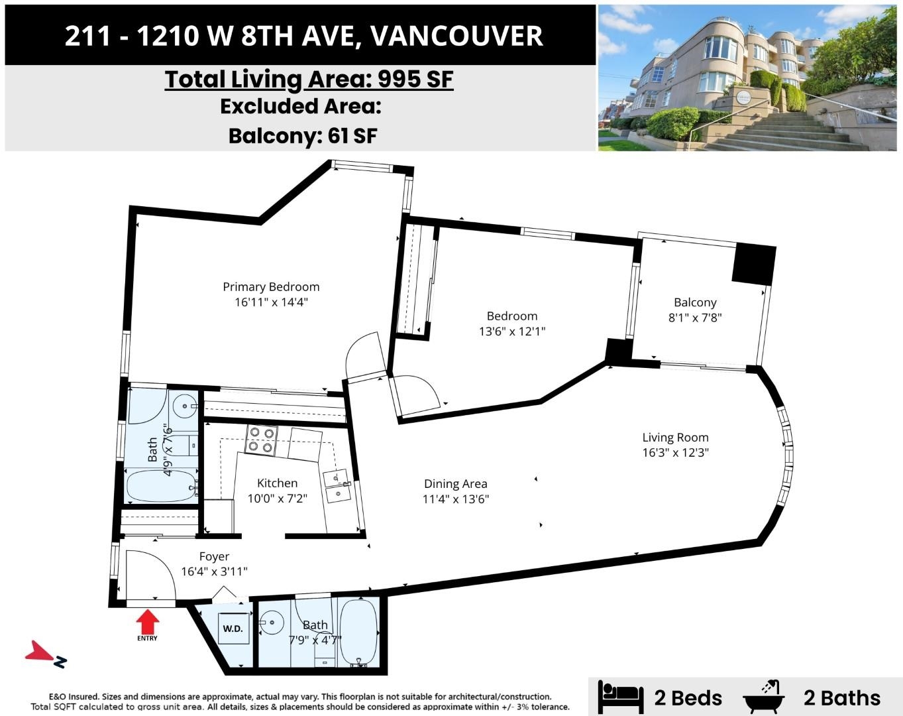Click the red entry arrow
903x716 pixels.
click(147, 621)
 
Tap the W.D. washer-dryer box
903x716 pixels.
click(233, 628)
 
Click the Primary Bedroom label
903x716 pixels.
click(271, 287)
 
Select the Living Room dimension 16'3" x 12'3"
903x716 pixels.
click(676, 453)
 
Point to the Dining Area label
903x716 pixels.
click(456, 484)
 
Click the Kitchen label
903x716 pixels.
click(278, 483)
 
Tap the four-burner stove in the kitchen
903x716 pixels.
click(261, 440)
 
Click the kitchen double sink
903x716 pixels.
click(337, 487)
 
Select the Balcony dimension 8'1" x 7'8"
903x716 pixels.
click(695, 318)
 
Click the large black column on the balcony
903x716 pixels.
click(754, 265)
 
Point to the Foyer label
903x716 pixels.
click(214, 556)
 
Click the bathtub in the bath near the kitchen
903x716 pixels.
click(162, 485)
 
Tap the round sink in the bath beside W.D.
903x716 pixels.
click(272, 623)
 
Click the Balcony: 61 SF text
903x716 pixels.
click(303, 136)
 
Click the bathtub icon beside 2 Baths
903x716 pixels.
click(764, 697)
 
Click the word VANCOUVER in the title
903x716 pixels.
click(456, 36)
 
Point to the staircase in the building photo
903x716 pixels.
click(784, 130)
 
